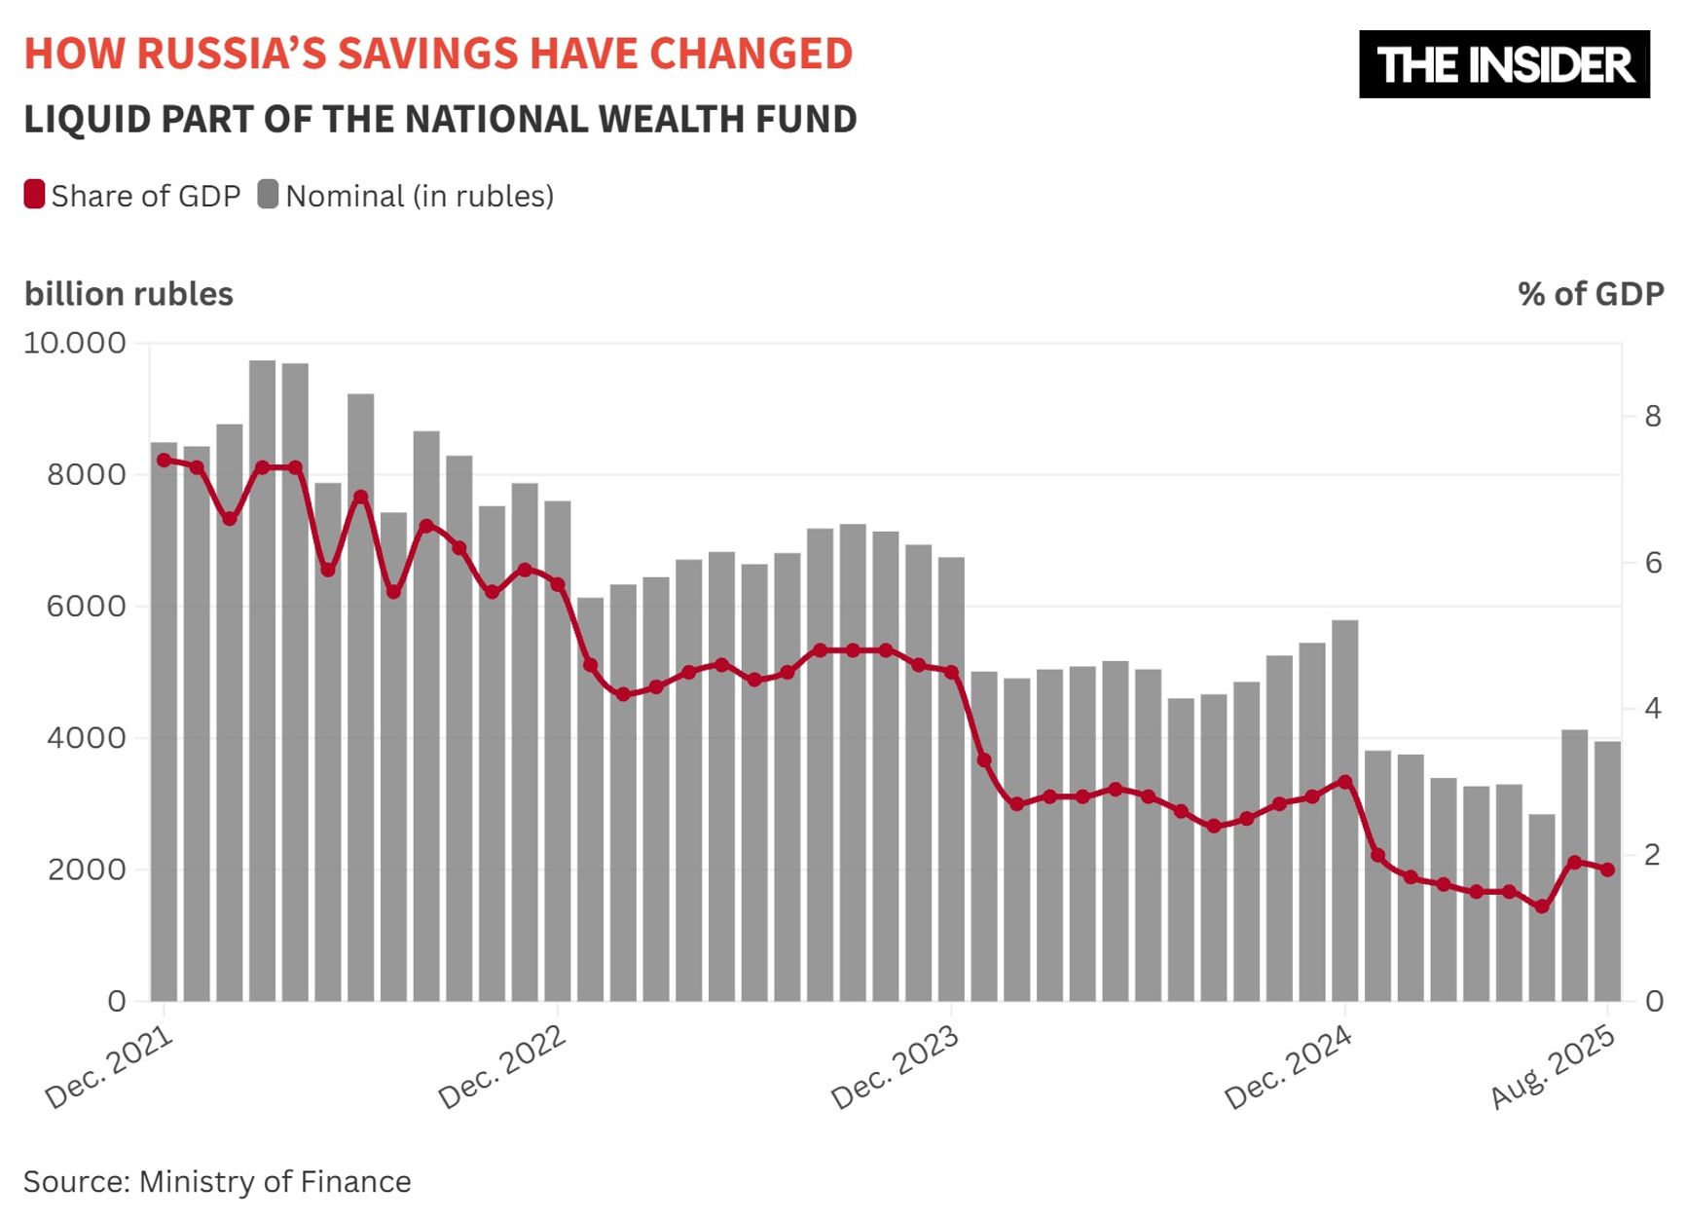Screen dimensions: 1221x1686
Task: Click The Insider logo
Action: point(1503,64)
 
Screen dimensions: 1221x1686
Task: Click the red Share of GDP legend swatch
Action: point(34,195)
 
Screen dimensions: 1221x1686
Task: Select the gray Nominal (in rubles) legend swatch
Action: point(268,195)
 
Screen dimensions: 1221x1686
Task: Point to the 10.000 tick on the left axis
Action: point(75,343)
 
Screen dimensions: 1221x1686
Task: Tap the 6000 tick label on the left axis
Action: point(87,606)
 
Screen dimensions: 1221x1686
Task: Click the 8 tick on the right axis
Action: point(1652,417)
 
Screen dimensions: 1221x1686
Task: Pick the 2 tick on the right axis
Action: point(1652,855)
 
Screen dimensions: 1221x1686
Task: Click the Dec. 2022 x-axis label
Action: point(502,1067)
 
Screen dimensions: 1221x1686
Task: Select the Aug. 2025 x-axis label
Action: point(1554,1067)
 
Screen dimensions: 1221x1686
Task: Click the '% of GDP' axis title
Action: point(1590,294)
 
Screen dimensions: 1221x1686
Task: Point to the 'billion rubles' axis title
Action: point(128,294)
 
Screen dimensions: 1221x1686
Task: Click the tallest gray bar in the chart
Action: point(262,682)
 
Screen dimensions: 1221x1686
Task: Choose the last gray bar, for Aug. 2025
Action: point(1607,871)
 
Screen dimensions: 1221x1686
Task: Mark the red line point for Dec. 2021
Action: point(164,461)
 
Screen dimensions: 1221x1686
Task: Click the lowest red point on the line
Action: point(1541,906)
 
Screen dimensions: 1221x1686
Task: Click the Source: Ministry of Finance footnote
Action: point(217,1181)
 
